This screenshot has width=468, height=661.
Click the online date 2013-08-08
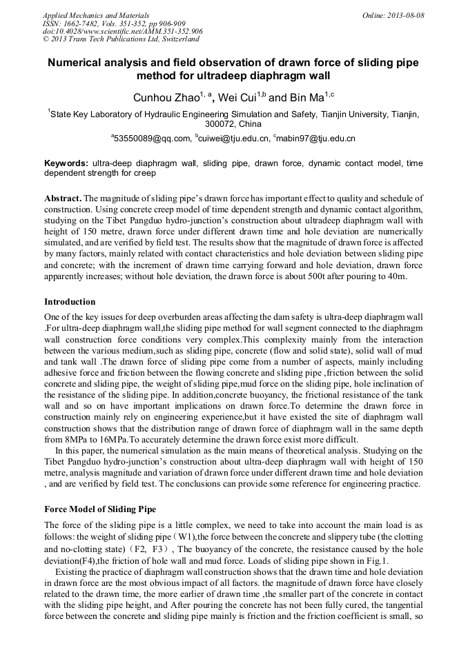pyautogui.click(x=401, y=14)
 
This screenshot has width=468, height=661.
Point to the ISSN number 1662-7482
pyautogui.click(x=91, y=23)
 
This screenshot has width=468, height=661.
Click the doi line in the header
pyautogui.click(x=123, y=31)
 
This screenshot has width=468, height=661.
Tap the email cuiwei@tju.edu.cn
pyautogui.click(x=235, y=139)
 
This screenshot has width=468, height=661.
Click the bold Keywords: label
pyautogui.click(x=66, y=163)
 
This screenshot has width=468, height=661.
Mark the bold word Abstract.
pyautogui.click(x=63, y=198)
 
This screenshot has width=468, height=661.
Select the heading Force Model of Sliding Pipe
pyautogui.click(x=100, y=509)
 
